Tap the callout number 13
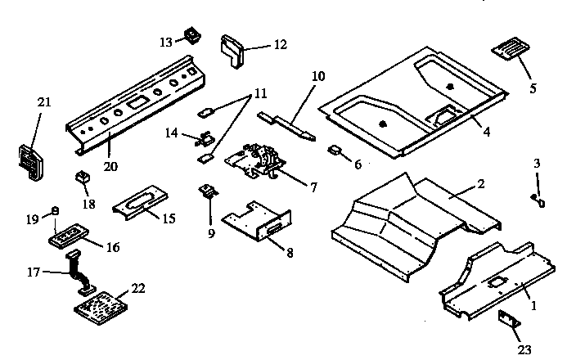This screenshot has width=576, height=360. coord(166,40)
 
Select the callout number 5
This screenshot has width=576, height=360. coord(533,88)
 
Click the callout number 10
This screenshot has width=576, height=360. coord(318,76)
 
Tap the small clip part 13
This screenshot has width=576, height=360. coord(193,35)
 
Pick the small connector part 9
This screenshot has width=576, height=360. coord(208,193)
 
